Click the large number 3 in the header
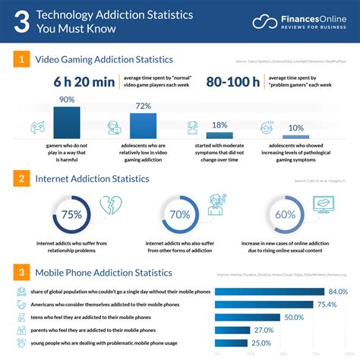pos(24,22)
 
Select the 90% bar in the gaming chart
pos(67,120)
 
